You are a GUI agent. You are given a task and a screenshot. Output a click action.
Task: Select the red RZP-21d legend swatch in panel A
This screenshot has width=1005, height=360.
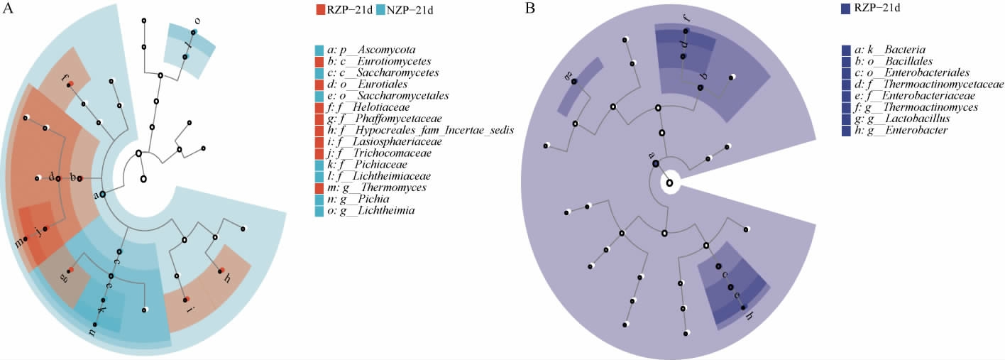(320, 10)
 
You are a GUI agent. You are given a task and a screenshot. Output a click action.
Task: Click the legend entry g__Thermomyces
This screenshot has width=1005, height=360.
(377, 187)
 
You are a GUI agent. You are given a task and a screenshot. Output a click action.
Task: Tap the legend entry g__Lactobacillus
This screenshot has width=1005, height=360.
(902, 119)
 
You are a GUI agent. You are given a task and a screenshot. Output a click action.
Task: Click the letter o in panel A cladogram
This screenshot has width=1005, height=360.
(197, 21)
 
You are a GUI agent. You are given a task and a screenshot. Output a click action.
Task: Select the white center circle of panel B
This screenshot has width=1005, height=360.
(669, 183)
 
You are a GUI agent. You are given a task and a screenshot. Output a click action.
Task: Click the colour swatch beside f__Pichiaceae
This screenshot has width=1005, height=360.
(319, 165)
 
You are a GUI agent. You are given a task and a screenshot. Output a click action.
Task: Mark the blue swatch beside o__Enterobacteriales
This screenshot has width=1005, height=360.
(845, 73)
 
